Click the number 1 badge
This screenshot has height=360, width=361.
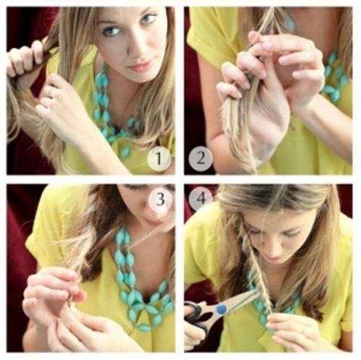click(159, 158)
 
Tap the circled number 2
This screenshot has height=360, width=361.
click(201, 158)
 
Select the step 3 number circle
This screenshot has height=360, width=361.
click(160, 200)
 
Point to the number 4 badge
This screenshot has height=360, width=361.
click(201, 199)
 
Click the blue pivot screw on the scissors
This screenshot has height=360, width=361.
click(222, 309)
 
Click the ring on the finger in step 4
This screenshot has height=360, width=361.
click(303, 330)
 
